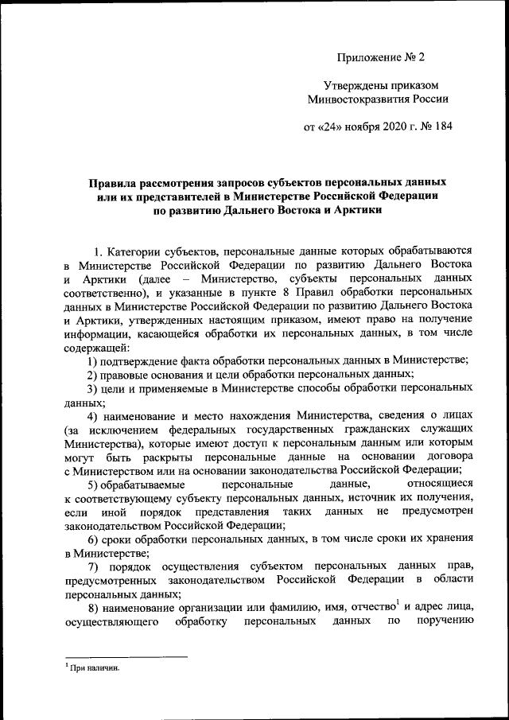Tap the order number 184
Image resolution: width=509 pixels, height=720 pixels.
(x=441, y=126)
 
